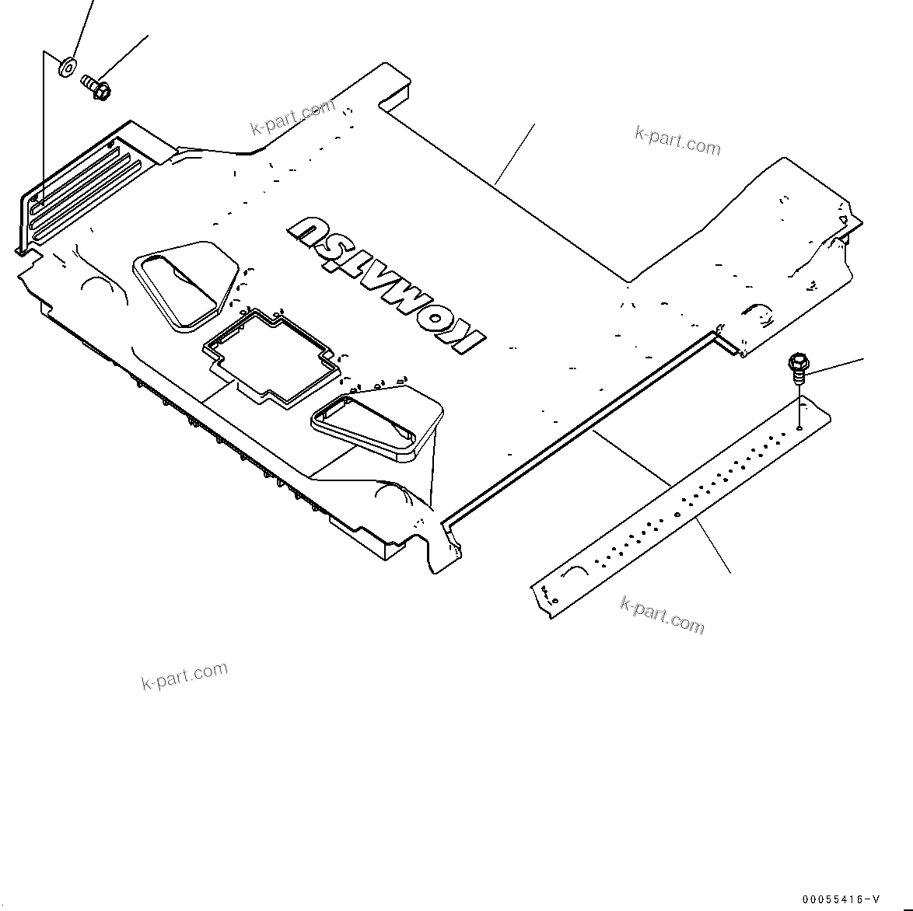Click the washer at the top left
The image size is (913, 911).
tap(67, 67)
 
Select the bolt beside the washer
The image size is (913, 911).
tap(96, 86)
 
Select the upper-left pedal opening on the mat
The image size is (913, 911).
tap(184, 284)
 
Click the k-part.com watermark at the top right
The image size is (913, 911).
tap(677, 141)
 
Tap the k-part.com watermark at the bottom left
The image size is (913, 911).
tap(184, 675)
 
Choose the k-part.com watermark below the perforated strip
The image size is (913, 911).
tap(663, 613)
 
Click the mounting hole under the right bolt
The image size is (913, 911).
tap(799, 428)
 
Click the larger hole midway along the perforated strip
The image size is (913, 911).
tap(677, 514)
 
